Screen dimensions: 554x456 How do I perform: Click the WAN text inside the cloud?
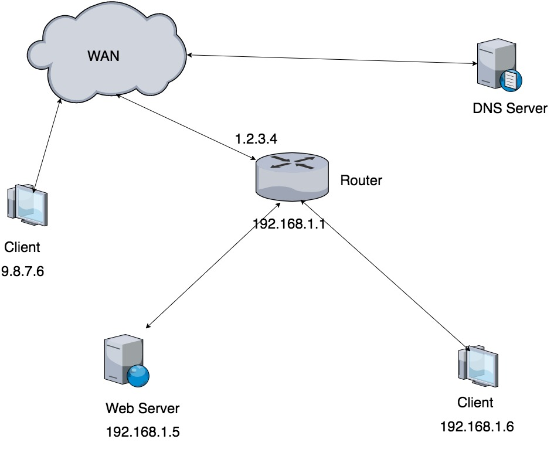click(x=103, y=56)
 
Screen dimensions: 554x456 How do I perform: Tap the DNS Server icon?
click(x=499, y=65)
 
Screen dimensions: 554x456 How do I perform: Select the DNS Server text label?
click(x=510, y=108)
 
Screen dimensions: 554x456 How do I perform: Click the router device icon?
click(x=292, y=176)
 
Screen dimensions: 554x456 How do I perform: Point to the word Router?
click(x=361, y=181)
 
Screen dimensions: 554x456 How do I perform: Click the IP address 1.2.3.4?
click(x=256, y=139)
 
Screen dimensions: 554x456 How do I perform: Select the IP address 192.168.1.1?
click(x=289, y=224)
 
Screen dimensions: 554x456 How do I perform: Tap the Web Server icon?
click(x=127, y=360)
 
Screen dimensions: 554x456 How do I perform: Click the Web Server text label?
click(x=142, y=409)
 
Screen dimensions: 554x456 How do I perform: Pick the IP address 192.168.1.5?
click(x=142, y=432)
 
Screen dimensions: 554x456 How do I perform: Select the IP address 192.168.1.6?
click(x=477, y=427)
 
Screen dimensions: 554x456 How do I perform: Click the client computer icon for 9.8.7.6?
click(x=27, y=205)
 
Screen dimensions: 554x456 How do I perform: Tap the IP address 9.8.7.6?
click(x=23, y=271)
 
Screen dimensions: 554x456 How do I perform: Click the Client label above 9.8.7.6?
click(x=22, y=247)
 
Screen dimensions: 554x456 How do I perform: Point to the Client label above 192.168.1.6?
click(x=475, y=403)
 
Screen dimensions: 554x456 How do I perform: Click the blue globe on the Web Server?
click(x=138, y=376)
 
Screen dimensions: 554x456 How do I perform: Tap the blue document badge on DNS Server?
click(x=511, y=80)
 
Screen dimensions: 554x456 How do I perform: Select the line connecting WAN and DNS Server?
click(x=332, y=59)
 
